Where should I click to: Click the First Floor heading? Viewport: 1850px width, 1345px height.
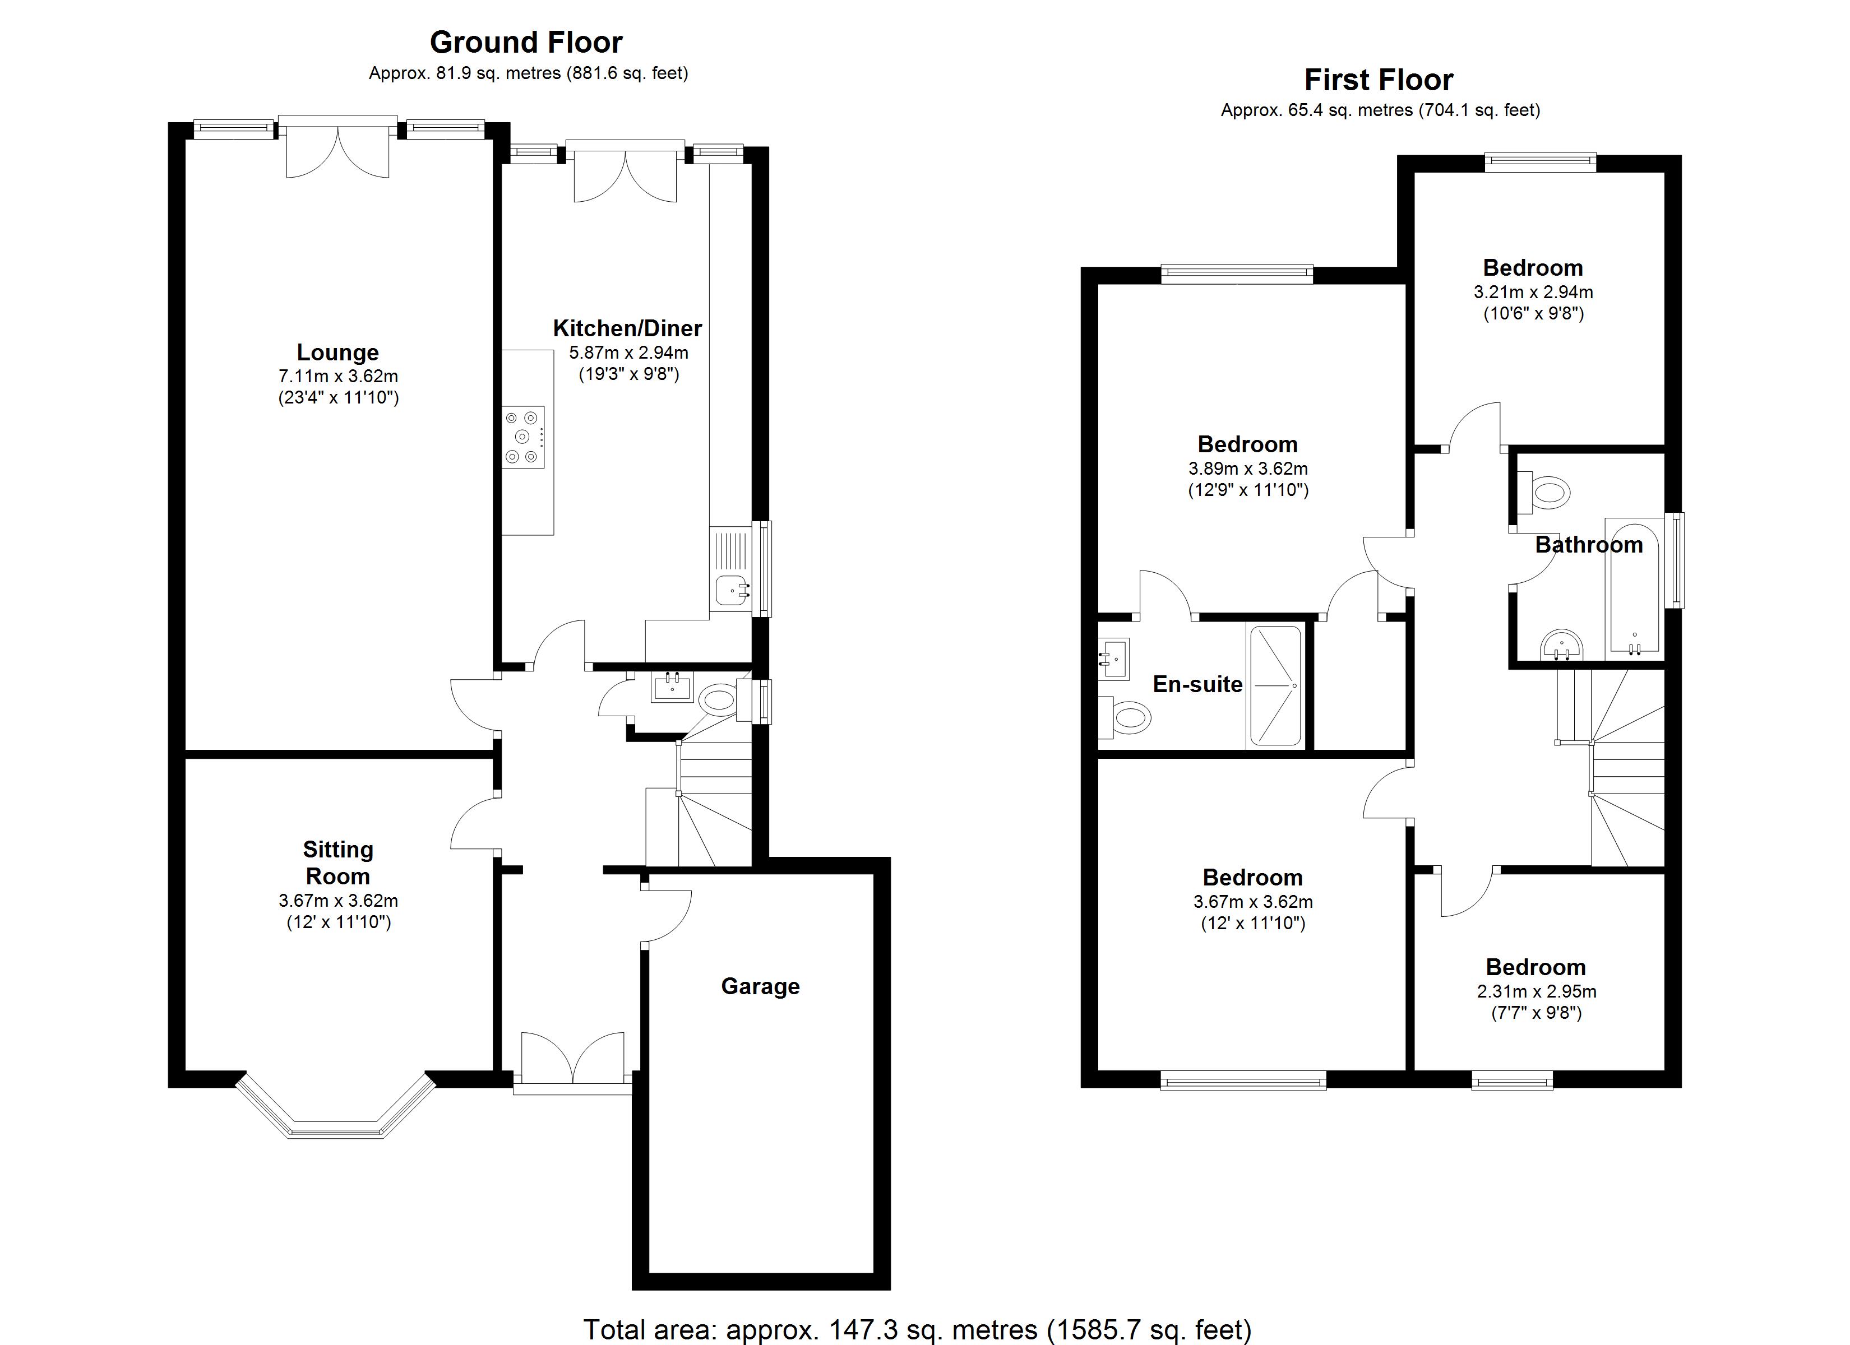(x=1378, y=80)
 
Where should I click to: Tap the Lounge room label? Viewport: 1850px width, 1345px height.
(x=337, y=353)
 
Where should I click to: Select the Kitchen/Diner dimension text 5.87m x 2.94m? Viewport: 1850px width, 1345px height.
(x=628, y=353)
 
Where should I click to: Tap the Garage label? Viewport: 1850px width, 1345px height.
(x=760, y=986)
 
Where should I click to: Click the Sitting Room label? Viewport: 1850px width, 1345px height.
(x=337, y=862)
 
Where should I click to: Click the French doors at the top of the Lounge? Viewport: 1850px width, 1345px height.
(x=337, y=151)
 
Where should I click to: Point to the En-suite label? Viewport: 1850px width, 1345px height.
(x=1197, y=684)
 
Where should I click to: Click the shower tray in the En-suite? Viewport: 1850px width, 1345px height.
(x=1275, y=685)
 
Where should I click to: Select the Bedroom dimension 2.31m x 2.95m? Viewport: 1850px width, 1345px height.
(x=1536, y=992)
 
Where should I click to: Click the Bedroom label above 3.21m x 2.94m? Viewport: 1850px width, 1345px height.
(x=1532, y=267)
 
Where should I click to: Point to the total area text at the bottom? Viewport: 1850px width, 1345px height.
(x=916, y=1329)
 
